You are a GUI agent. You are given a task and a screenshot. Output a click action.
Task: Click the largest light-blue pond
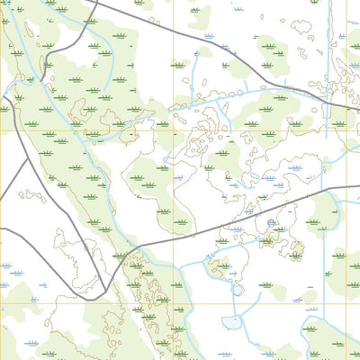click(232, 321)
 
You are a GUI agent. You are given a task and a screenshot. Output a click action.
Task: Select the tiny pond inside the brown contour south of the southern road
click(271, 223)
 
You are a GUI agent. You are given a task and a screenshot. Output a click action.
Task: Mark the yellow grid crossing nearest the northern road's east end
click(347, 130)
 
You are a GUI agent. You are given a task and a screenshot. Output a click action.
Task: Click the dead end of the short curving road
click(1, 229)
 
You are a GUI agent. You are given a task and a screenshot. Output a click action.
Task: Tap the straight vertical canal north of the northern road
click(329, 45)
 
